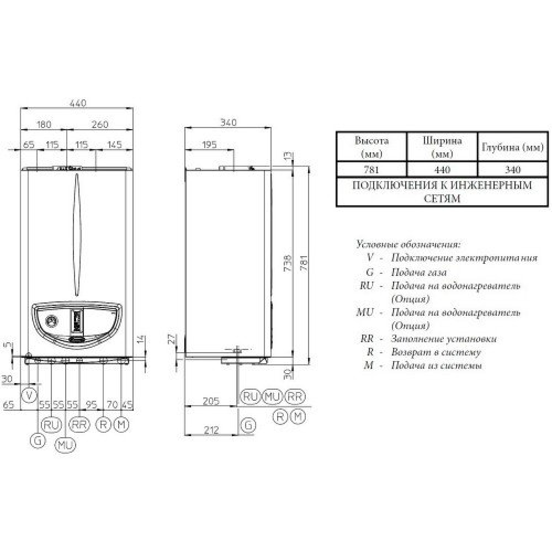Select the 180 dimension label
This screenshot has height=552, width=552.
44,124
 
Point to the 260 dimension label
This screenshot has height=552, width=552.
99,124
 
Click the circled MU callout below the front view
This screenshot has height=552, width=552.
66,444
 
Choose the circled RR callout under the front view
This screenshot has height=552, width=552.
80,424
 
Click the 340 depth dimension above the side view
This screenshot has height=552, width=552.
227,123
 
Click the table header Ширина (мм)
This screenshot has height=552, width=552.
442,146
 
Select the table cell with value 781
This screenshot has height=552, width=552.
371,169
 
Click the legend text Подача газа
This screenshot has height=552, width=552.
418,272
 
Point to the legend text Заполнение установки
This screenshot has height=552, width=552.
444,338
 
